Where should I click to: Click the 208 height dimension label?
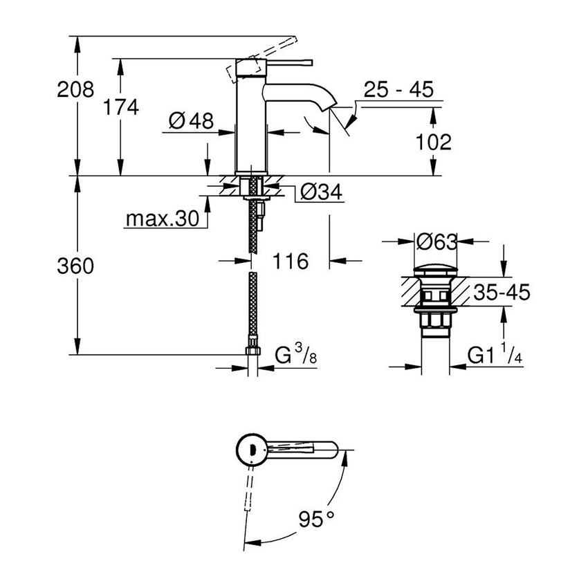75,89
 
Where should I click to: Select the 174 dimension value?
121,107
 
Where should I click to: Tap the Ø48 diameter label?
190,122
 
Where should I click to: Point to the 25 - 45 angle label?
399,89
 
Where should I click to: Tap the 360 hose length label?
75,266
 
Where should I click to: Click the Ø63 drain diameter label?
437,242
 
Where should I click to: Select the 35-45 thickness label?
502,293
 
